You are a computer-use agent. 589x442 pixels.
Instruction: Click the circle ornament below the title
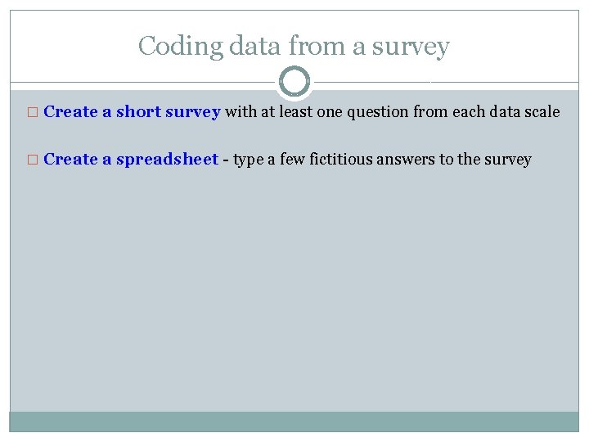pos(294,82)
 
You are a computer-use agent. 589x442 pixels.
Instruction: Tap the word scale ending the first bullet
pos(542,112)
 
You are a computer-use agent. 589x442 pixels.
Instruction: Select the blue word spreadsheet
pos(167,160)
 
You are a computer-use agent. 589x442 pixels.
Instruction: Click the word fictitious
pos(339,160)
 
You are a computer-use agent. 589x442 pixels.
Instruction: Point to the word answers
pos(406,160)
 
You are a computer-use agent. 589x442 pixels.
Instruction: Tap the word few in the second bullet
pos(292,160)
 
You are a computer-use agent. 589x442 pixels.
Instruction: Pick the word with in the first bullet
pos(241,112)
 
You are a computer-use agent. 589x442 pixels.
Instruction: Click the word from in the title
pos(321,47)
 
